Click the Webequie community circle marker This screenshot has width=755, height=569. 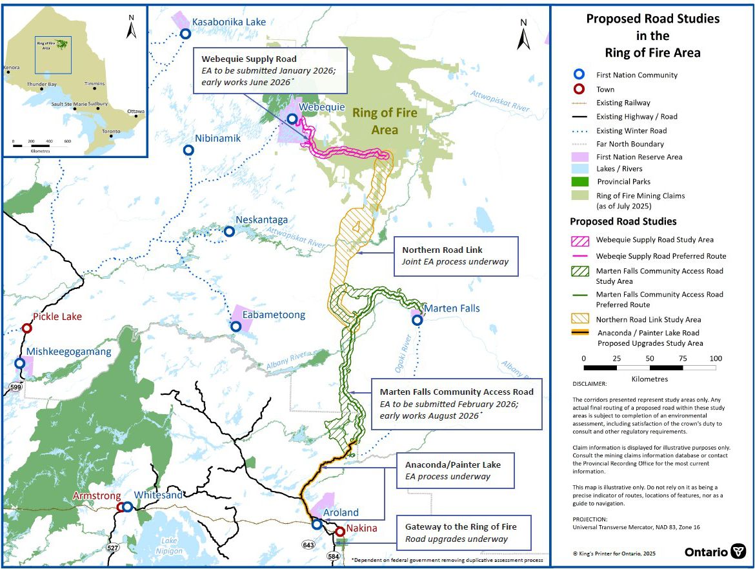(x=292, y=119)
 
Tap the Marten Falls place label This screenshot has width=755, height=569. (x=452, y=308)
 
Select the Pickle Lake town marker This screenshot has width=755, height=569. (x=27, y=328)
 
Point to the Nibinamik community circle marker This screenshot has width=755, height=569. (x=188, y=150)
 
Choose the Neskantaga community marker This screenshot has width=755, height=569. (x=228, y=231)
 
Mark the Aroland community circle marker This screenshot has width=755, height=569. (x=317, y=524)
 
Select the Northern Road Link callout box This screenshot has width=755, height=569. (x=456, y=256)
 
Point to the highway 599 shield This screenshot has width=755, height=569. (x=15, y=386)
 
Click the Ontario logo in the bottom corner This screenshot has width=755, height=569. (x=714, y=552)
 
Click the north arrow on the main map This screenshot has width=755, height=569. (x=523, y=35)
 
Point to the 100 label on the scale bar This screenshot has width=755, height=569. (x=715, y=358)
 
